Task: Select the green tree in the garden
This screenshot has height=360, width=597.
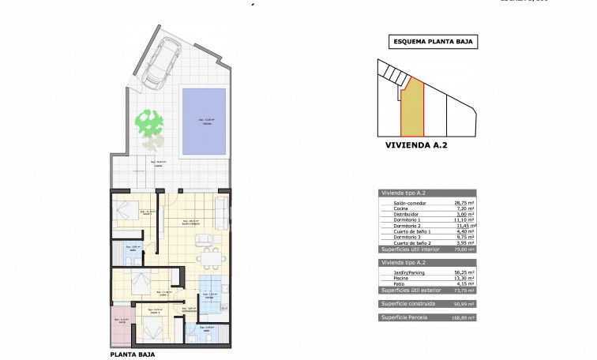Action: coord(148,123)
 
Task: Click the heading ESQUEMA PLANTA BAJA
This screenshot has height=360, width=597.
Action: coord(434,43)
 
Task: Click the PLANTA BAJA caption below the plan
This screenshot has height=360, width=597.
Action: coord(131,354)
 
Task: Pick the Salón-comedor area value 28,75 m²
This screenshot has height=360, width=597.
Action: coord(465,203)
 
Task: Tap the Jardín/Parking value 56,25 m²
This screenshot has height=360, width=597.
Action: coord(465,272)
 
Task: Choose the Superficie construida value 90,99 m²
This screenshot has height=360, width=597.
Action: coord(465,304)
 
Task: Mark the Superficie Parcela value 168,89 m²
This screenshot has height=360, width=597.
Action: coord(464,317)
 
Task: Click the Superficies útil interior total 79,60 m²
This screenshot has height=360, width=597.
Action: coord(465,249)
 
